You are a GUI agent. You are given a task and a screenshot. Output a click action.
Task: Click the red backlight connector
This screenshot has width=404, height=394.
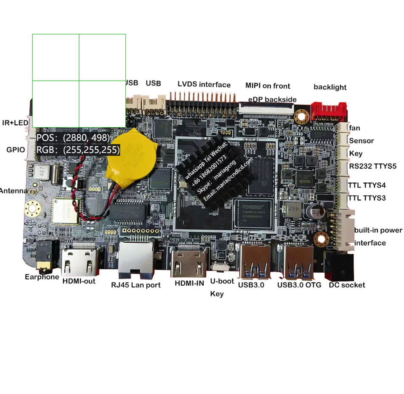(329, 112)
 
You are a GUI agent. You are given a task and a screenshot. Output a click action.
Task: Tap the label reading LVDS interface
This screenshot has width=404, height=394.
(204, 85)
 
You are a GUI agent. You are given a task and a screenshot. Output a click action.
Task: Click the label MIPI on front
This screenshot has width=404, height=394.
(268, 86)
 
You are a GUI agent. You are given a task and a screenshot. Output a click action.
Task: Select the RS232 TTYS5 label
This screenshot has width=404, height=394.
(372, 166)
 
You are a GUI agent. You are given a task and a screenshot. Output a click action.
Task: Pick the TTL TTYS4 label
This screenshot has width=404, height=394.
(367, 185)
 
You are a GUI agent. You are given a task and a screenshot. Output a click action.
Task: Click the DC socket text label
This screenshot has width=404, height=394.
(347, 285)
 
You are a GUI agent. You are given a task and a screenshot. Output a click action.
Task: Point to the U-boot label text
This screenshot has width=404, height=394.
(222, 281)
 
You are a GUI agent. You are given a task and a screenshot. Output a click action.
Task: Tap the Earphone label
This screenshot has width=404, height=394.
(42, 277)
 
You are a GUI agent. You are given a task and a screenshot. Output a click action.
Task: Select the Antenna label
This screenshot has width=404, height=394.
(13, 191)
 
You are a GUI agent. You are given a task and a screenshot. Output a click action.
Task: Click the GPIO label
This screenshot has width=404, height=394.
(16, 150)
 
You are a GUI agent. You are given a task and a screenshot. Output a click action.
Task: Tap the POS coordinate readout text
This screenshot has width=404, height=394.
(73, 138)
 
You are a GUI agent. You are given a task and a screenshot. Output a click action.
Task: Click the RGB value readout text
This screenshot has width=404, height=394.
(78, 150)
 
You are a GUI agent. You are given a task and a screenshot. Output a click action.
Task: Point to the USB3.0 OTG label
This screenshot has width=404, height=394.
(299, 285)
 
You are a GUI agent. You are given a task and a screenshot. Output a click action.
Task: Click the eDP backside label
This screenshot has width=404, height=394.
(272, 100)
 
